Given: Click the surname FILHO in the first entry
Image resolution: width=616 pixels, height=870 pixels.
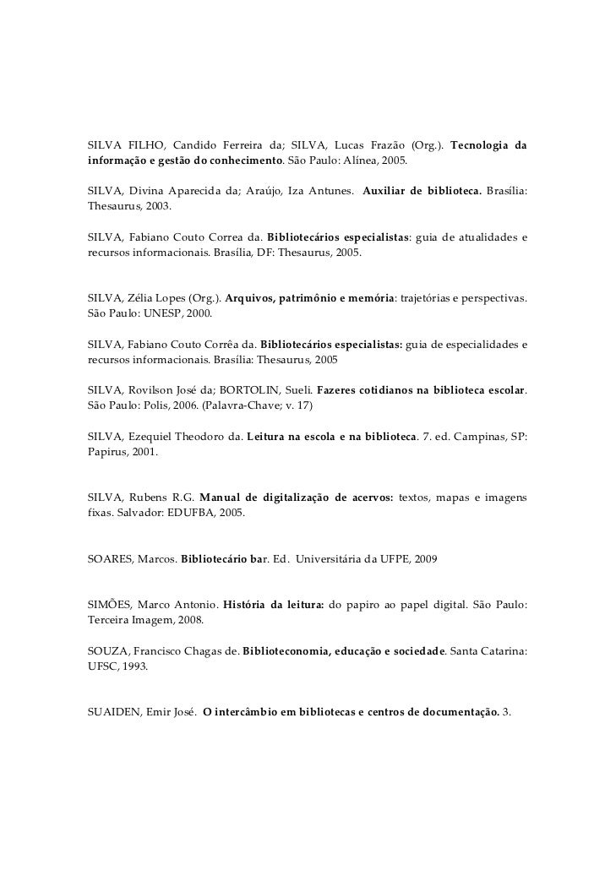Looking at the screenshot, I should point(141,145).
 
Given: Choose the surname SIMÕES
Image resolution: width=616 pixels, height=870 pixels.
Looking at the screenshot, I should point(109,605).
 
